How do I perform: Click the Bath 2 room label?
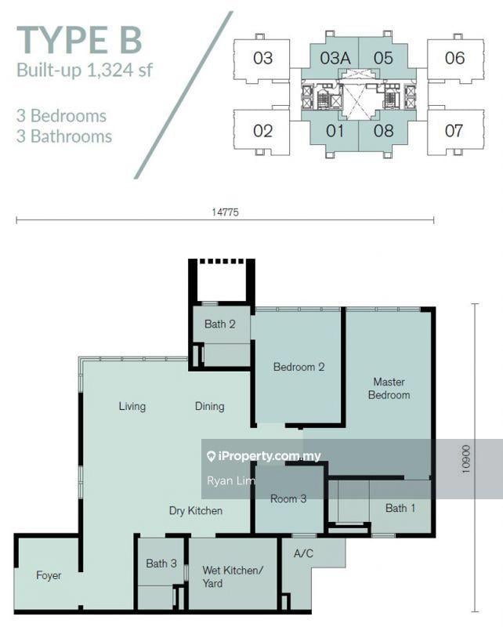point(219,324)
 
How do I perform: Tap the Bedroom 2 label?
point(299,367)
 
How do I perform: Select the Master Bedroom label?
point(389,388)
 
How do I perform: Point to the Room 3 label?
point(288,498)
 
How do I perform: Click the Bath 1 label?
point(400,508)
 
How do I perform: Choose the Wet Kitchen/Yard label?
point(233,577)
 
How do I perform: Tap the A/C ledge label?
point(303,553)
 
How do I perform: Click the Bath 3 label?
point(161,564)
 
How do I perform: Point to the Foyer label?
point(49,575)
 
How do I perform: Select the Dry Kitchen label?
point(196,511)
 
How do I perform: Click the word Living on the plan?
point(132,406)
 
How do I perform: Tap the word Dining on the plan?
point(209,406)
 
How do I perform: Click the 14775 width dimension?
point(225,212)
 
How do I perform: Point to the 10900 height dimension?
point(466,459)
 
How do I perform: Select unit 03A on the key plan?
point(335,58)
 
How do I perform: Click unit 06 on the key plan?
point(454,58)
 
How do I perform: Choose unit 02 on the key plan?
point(262,131)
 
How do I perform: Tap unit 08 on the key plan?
point(383,131)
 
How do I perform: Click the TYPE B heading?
point(79,40)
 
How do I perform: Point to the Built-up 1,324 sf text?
point(85,71)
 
